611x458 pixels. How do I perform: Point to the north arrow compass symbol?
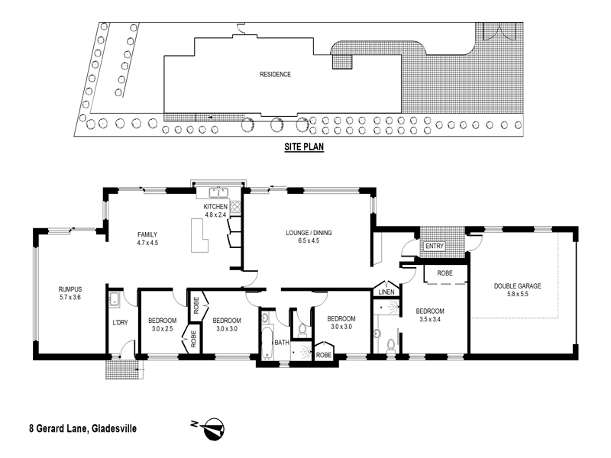click(213, 430)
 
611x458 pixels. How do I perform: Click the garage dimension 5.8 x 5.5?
click(517, 294)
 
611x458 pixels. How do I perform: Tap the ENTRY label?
click(435, 246)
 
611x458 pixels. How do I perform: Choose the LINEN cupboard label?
click(383, 292)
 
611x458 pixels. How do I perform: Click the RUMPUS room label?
click(70, 289)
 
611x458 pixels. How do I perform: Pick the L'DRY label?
click(121, 323)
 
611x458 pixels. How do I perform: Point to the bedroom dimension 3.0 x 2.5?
click(162, 328)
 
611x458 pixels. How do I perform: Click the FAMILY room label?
click(147, 234)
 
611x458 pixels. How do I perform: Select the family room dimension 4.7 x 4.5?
click(147, 243)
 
